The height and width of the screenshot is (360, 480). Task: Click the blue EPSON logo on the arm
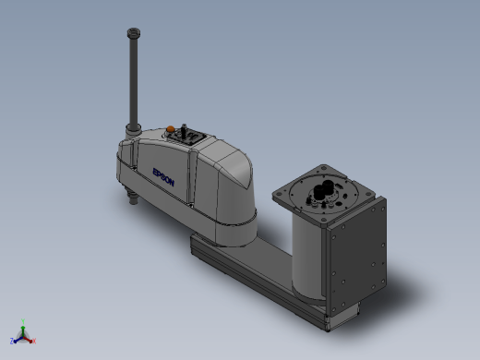(x=163, y=177)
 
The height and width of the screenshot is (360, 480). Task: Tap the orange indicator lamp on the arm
(x=170, y=129)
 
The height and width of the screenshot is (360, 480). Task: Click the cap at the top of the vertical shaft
(x=134, y=32)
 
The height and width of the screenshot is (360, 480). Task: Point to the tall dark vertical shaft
(x=134, y=81)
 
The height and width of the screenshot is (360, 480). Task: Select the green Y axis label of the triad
(x=23, y=321)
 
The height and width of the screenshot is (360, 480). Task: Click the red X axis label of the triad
(x=34, y=341)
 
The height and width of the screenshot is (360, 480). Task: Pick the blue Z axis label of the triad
(x=12, y=341)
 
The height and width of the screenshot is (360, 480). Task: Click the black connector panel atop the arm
(x=187, y=136)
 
